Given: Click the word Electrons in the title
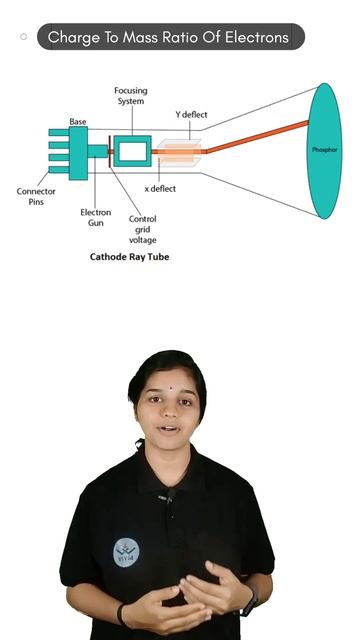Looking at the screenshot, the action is coord(257,37).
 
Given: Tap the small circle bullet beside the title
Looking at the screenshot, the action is coord(23,37).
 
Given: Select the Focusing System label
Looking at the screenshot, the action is coord(131,96).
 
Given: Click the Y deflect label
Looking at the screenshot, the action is coord(191,115).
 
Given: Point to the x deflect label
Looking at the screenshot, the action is coord(160,189).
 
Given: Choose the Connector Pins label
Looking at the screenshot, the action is coord(36,196).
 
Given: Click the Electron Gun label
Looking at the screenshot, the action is coord(96,218).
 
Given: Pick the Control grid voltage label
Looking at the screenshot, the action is coord(142,229).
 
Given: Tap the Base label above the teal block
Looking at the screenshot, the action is coord(78,122).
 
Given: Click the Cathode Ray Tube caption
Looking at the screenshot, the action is coord(129,257).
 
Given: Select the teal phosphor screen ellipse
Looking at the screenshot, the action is coord(324,151).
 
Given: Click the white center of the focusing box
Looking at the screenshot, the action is coord(133,151).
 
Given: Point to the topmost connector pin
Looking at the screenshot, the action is coord(59,132).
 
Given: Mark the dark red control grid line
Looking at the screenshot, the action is coord(109,151).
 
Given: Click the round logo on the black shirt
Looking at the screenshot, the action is coord(126,552).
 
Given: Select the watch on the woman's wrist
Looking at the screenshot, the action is coord(249,602).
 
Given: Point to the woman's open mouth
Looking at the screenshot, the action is coord(169,429).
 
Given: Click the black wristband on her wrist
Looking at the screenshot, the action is coord(120,614).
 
